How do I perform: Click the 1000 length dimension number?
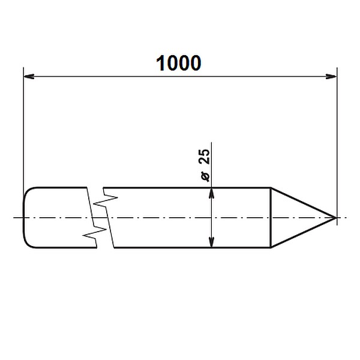pyautogui.click(x=178, y=63)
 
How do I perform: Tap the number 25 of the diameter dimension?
pyautogui.click(x=203, y=157)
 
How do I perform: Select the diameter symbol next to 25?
pyautogui.click(x=204, y=175)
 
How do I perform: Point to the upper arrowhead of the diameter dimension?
pyautogui.click(x=211, y=192)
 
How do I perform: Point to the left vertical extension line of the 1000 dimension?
pyautogui.click(x=23, y=132)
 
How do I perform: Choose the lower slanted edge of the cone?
pyautogui.click(x=303, y=231)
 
